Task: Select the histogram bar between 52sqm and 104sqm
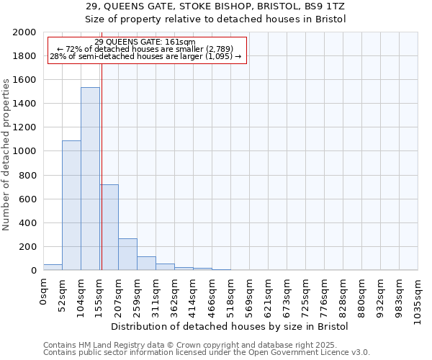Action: (71, 205)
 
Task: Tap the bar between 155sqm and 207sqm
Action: (109, 227)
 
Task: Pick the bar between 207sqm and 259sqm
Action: (127, 254)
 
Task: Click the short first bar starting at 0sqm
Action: (53, 267)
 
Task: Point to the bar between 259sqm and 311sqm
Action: (146, 264)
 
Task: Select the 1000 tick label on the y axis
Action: (24, 151)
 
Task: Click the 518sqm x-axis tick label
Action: (230, 296)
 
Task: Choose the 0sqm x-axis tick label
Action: (43, 291)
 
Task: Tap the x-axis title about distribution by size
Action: (230, 326)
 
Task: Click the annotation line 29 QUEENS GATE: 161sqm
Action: (145, 42)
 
